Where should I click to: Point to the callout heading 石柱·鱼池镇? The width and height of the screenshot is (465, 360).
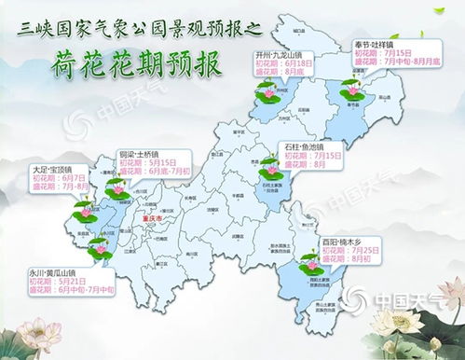point(309,146)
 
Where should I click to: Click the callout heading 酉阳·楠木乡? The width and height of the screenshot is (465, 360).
point(349,241)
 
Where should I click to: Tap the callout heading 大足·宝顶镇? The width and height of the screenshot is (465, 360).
point(56,170)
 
